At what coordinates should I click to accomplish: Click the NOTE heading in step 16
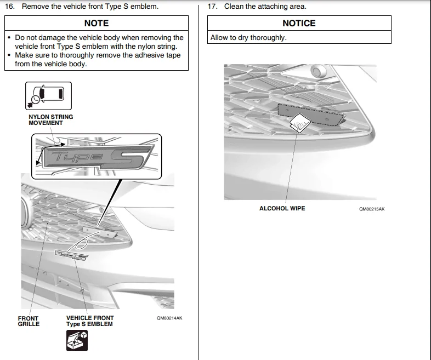(x=96, y=23)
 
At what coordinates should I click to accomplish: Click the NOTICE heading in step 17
(x=299, y=23)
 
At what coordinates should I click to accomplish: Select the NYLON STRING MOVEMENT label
(x=50, y=119)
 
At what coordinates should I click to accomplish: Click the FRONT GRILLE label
(x=29, y=321)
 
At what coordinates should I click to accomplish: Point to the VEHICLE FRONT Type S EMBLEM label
(x=89, y=321)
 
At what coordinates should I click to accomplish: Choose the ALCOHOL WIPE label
(x=282, y=208)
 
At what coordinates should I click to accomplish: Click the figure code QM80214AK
(x=169, y=318)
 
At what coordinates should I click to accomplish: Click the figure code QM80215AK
(x=372, y=209)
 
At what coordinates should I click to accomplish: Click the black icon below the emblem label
(x=76, y=340)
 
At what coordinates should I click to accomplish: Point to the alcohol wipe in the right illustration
(x=299, y=124)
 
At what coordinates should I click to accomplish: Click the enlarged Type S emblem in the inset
(x=96, y=158)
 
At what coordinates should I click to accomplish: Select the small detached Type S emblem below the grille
(x=71, y=255)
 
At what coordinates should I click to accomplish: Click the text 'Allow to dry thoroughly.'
(x=248, y=38)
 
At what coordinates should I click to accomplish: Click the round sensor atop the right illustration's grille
(x=317, y=71)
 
